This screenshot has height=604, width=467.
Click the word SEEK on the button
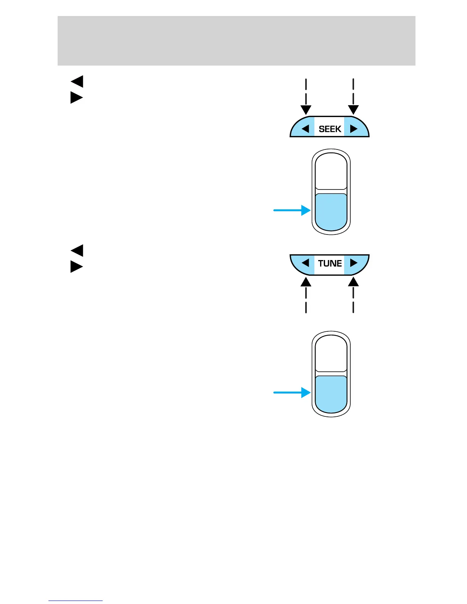coord(330,129)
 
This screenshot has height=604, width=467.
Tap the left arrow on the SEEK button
coord(305,129)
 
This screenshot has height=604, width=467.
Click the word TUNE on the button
coord(330,263)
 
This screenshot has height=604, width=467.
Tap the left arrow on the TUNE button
coord(305,263)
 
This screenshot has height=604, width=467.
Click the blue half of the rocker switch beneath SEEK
coord(331,212)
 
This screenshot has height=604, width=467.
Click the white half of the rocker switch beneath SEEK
coord(331,171)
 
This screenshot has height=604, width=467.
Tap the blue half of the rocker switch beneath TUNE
coord(331,394)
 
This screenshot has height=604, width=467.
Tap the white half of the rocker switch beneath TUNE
coord(331,353)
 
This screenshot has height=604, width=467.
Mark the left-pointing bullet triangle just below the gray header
coord(77,82)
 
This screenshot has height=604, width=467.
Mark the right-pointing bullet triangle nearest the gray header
coord(76,98)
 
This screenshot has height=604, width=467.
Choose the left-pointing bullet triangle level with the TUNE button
coord(77,251)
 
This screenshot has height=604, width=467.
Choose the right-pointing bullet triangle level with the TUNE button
coord(76,267)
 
